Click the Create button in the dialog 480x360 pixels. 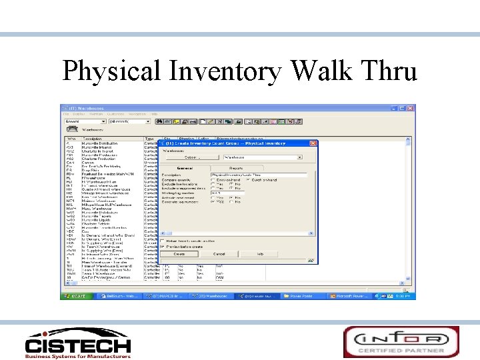pyautogui.click(x=179, y=254)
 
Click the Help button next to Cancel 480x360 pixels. pyautogui.click(x=260, y=254)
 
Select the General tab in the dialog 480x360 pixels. pyautogui.click(x=185, y=169)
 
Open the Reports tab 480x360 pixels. pyautogui.click(x=236, y=169)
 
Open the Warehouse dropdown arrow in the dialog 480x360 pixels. pyautogui.click(x=299, y=157)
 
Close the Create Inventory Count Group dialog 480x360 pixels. pyautogui.click(x=313, y=143)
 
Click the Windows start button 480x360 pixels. pyautogui.click(x=73, y=295)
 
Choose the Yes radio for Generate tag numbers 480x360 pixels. pyautogui.click(x=213, y=201)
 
